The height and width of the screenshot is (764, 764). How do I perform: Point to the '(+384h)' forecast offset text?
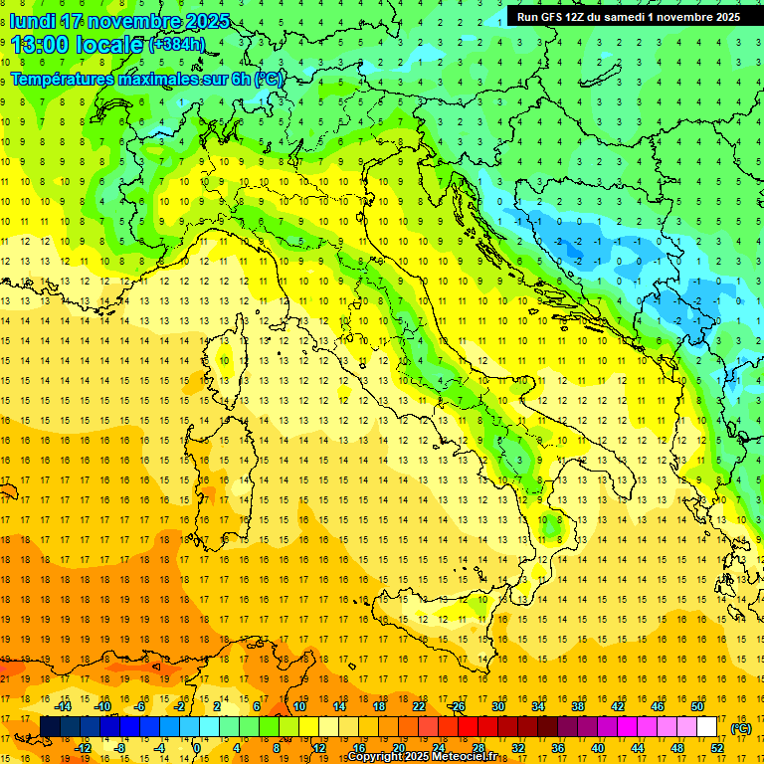[178, 45]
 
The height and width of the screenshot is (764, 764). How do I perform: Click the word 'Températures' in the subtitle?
[62, 79]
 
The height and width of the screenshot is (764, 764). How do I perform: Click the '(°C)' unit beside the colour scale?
[741, 728]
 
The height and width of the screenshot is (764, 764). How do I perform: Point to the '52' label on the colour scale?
[717, 747]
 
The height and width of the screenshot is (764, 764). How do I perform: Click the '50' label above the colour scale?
[697, 706]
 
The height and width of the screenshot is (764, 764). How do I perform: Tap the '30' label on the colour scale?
[498, 706]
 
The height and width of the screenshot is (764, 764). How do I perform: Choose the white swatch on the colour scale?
[707, 727]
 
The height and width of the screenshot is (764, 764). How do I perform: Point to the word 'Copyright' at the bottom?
[375, 757]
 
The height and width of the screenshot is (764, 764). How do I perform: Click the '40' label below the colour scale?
[598, 747]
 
